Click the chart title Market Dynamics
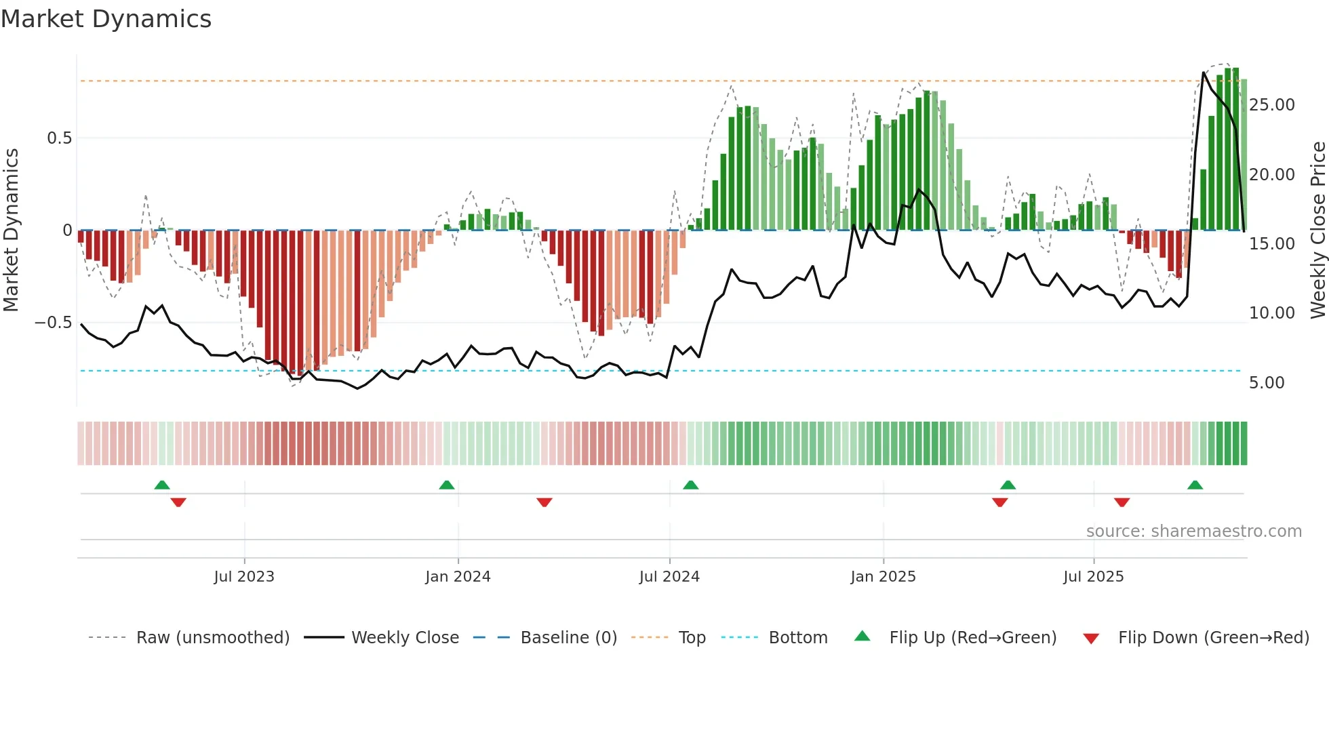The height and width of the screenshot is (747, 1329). click(106, 19)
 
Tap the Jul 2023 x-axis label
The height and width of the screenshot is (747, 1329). click(244, 577)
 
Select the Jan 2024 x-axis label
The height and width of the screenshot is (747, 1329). click(458, 577)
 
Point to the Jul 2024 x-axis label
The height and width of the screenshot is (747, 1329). click(669, 577)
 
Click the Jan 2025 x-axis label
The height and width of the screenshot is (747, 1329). click(883, 577)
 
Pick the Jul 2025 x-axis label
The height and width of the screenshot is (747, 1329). click(1093, 577)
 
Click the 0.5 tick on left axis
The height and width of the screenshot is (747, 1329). click(59, 138)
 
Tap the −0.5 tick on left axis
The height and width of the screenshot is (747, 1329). click(53, 323)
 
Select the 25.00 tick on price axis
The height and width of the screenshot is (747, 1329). click(1271, 105)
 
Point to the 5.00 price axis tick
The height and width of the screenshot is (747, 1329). click(1267, 383)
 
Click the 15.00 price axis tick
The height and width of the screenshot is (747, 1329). click(1271, 244)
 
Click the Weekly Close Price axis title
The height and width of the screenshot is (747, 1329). click(1317, 230)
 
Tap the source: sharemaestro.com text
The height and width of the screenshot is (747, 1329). click(1193, 531)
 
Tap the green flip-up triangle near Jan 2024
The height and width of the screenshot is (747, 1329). click(446, 485)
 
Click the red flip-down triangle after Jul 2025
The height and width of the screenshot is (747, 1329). click(1122, 502)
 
